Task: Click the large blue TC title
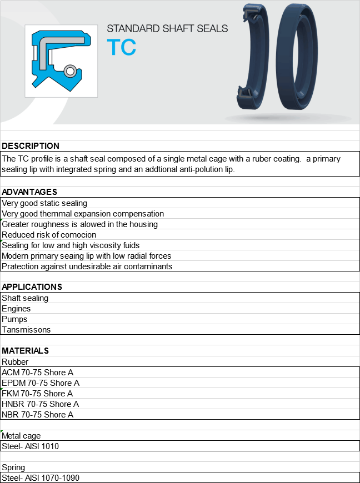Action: (x=121, y=47)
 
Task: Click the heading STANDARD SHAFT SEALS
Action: (x=167, y=28)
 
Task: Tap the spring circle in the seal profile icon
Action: (x=70, y=71)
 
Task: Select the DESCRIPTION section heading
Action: (x=31, y=146)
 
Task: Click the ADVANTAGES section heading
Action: (x=29, y=192)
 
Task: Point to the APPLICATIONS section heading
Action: (x=32, y=287)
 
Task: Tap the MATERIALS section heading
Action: (x=26, y=351)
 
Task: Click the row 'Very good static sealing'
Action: (x=44, y=203)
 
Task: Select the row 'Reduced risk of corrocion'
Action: (x=49, y=235)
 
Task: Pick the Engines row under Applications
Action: (x=16, y=309)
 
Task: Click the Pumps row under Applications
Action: (x=14, y=319)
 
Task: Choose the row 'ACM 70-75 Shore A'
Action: (x=37, y=373)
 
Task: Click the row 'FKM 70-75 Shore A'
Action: (x=37, y=394)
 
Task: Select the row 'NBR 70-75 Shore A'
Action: (x=37, y=415)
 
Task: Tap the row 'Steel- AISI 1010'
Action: (x=30, y=446)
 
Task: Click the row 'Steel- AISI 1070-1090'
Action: (x=44, y=478)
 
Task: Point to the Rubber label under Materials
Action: (x=15, y=362)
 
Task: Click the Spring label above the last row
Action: (x=13, y=467)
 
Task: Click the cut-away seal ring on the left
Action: (x=253, y=61)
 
